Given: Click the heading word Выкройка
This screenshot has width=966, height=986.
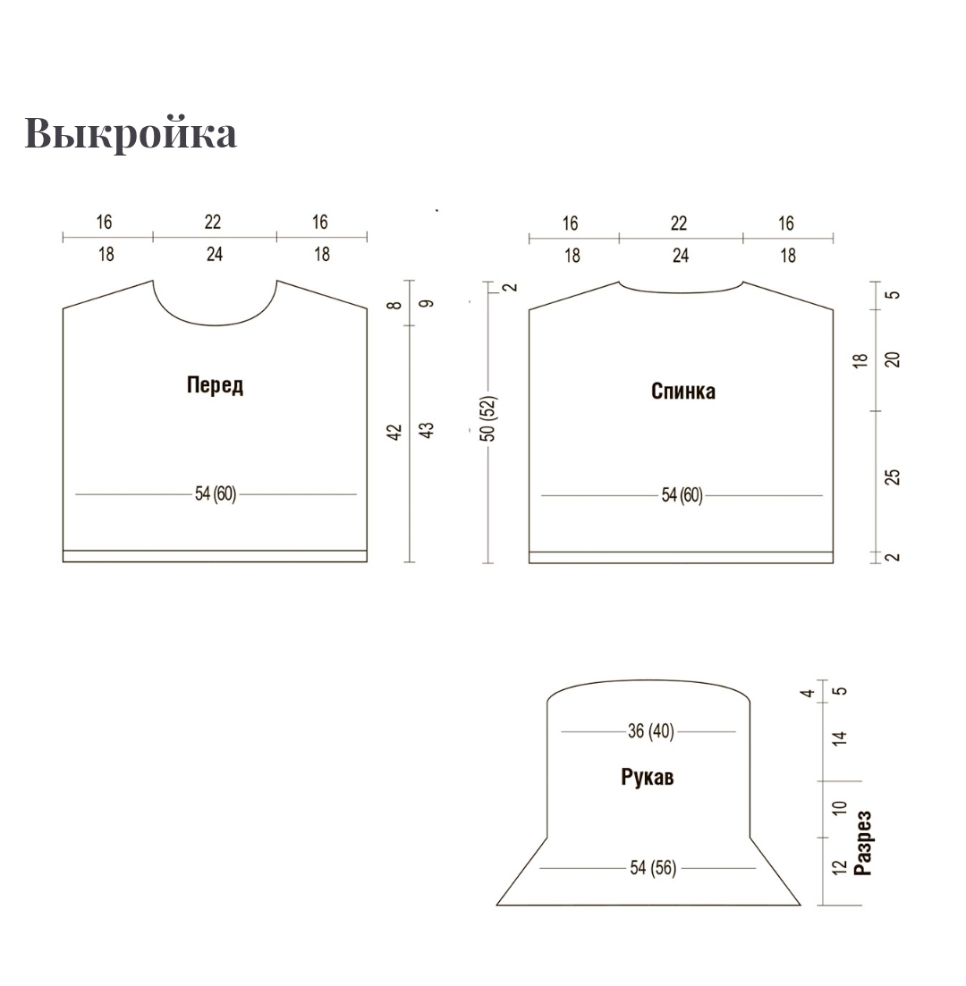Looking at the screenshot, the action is pos(131,132).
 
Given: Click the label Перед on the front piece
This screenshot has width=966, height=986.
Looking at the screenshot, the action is pos(215,385).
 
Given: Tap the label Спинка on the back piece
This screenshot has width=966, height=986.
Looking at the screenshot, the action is pos(682,392).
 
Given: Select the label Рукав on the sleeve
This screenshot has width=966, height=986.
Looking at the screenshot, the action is pos(647,778).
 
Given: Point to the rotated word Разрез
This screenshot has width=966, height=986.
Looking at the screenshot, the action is pos(863,843).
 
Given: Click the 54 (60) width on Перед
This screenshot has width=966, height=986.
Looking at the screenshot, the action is pos(216,494).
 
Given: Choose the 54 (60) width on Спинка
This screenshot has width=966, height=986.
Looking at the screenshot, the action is pos(682,495).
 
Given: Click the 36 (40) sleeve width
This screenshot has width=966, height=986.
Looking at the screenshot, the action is pos(651,731).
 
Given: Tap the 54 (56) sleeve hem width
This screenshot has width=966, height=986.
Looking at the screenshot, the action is pos(653,868).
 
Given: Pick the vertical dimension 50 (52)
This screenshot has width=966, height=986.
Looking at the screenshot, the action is pos(489,418).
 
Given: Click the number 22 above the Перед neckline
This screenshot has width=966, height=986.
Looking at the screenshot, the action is pos(213,222).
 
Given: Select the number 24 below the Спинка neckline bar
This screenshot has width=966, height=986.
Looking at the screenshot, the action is pos(681,256).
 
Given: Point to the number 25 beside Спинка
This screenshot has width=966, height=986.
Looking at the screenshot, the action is pos(893,477).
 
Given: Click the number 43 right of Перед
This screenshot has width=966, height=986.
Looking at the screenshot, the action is pos(426,431).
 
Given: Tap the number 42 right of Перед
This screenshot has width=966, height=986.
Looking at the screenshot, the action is pos(394,433).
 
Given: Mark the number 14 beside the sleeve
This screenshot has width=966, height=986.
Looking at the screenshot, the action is pos(840,738).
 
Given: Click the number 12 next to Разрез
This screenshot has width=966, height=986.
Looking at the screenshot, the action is pos(840,868).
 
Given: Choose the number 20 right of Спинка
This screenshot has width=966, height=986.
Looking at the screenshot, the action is pos(893,359).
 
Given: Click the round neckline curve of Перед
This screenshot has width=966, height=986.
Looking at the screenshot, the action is pos(216,325).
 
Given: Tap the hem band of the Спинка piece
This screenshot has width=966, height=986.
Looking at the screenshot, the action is pos(681,558).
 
